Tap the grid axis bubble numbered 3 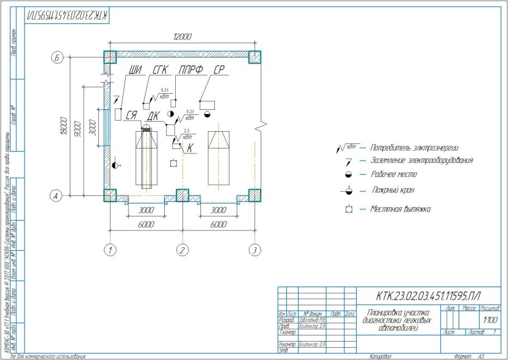point(255,250)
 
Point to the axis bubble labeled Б point(56,57)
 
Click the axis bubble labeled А point(56,195)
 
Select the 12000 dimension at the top point(182,37)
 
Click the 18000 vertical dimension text point(65,127)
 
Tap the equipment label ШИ point(135,70)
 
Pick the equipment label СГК point(160,70)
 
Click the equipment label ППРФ point(190,70)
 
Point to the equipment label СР point(219,70)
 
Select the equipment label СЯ point(131,116)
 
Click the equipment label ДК point(154,116)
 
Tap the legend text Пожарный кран point(393,191)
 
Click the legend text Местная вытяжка point(400,209)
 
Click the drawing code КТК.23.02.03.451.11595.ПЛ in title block point(428,295)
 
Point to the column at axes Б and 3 point(255,57)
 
